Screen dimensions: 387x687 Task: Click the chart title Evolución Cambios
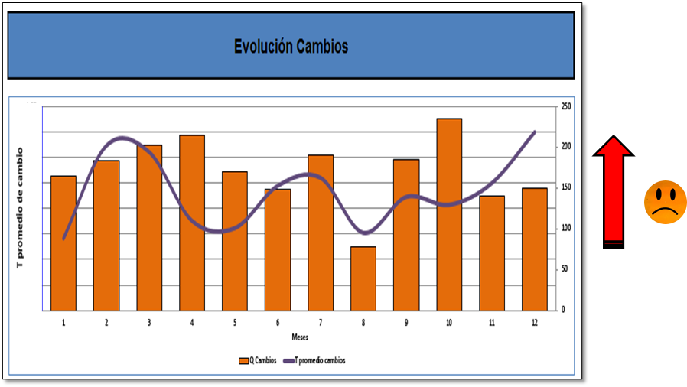pos(291,47)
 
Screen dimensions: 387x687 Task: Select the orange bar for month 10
pos(449,214)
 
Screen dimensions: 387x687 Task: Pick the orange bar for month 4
pos(192,222)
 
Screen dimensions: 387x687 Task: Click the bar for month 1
pos(63,242)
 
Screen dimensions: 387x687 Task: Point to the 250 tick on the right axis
pos(567,106)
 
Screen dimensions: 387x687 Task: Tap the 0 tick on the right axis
pos(563,310)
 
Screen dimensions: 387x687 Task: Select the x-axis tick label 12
pos(534,323)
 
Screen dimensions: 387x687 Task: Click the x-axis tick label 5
pos(235,323)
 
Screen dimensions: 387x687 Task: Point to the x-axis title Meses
pos(300,337)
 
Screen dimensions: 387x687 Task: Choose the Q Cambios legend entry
pos(258,360)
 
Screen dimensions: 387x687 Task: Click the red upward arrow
pos(614,191)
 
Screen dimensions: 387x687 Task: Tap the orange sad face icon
pos(665,203)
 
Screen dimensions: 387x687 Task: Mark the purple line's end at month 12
pos(534,132)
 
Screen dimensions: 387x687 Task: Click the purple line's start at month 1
pos(63,239)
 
